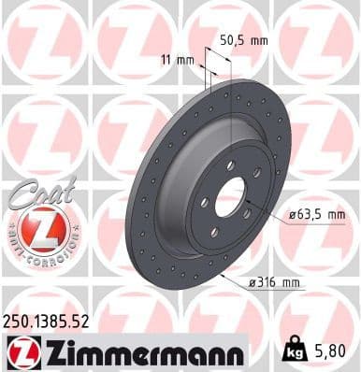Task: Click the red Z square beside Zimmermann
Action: click(19, 353)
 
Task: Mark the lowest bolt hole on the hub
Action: click(215, 232)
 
